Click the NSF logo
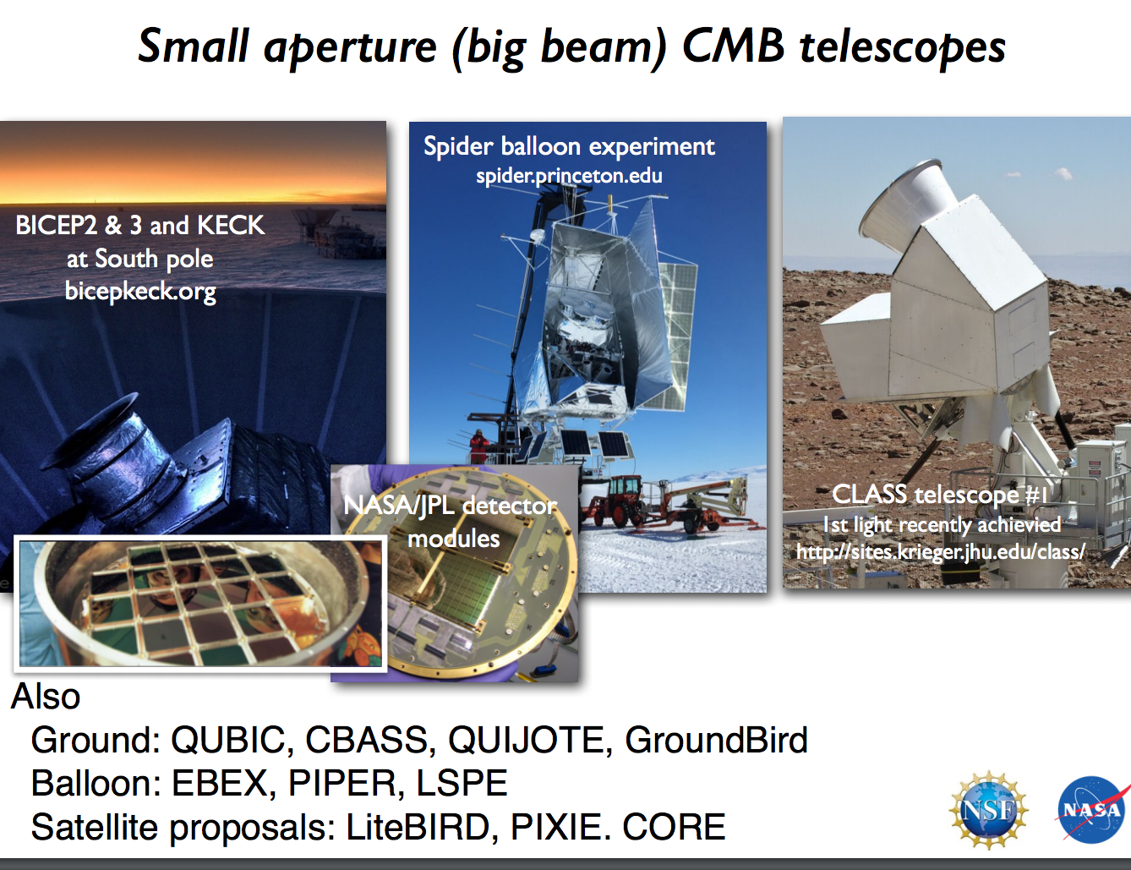(988, 810)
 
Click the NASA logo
(1091, 809)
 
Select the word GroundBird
(716, 740)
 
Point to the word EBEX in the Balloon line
(220, 783)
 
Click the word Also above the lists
(46, 697)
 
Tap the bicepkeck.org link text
(140, 291)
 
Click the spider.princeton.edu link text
(569, 176)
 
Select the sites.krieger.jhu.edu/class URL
(940, 552)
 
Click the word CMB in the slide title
(733, 46)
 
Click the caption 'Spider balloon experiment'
(569, 146)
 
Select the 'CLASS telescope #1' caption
(939, 494)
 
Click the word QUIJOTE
(526, 740)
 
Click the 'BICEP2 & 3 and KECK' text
(140, 225)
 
